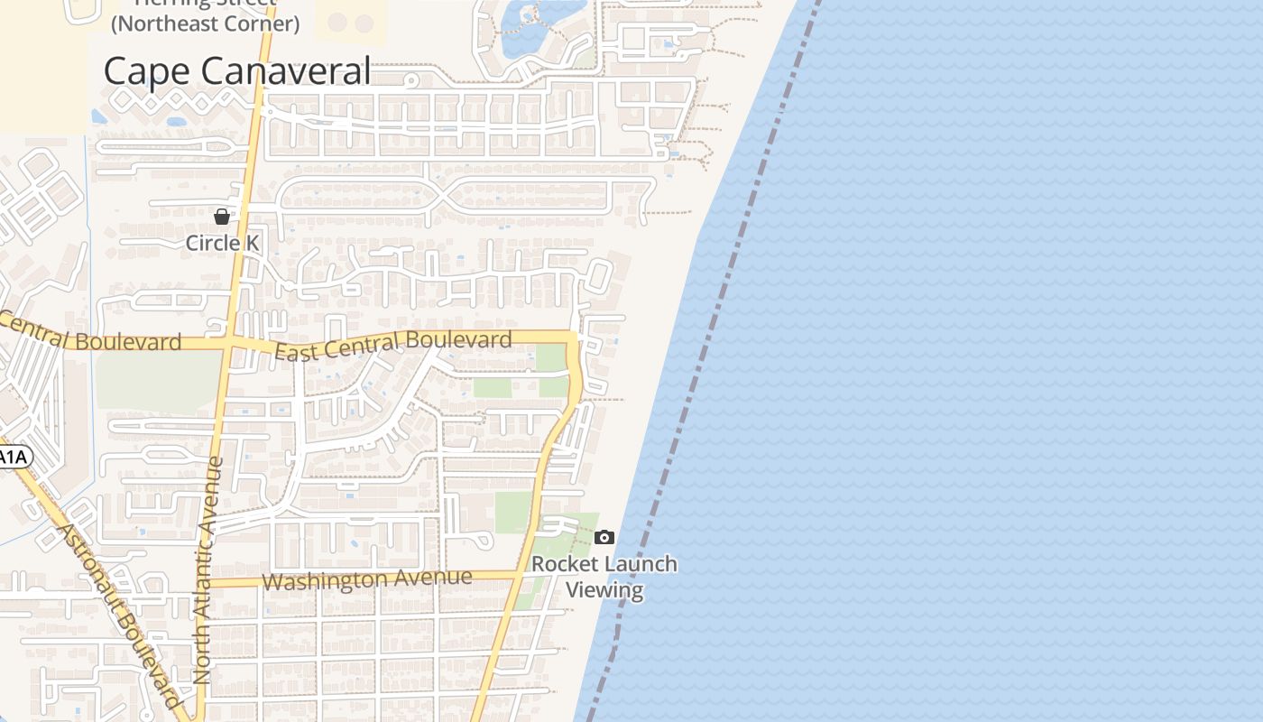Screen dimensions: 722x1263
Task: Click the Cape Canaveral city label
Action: (x=236, y=70)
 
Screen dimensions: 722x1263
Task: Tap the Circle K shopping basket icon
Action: (x=222, y=217)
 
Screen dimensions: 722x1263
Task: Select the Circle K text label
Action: (x=222, y=243)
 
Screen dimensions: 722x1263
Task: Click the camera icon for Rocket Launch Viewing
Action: (x=604, y=538)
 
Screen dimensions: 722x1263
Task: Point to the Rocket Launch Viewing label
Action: (x=604, y=577)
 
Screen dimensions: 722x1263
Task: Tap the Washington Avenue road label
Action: (x=367, y=579)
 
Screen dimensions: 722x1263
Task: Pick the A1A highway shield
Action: (x=13, y=458)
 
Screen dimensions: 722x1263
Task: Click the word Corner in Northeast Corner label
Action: (x=256, y=23)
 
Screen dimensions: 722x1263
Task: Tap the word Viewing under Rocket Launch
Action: (x=604, y=590)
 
